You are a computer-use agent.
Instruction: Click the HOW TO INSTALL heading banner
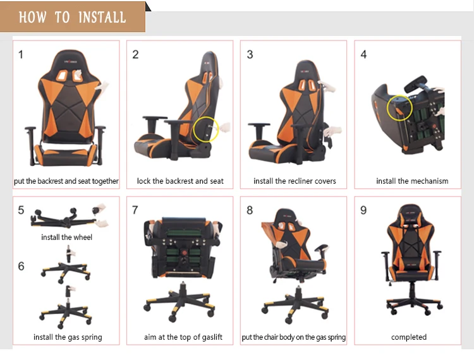click(x=73, y=16)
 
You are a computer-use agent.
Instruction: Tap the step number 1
click(x=21, y=55)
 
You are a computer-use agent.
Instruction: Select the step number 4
click(x=363, y=54)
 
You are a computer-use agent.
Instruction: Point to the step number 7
click(x=135, y=210)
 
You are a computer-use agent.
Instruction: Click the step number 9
click(x=363, y=210)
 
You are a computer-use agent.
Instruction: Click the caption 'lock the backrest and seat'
click(x=180, y=181)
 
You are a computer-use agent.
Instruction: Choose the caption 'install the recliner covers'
click(x=295, y=181)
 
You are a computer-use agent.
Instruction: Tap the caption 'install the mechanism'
click(x=412, y=181)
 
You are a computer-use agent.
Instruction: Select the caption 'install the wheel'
click(x=66, y=237)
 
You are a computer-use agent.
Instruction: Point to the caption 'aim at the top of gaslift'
click(x=183, y=337)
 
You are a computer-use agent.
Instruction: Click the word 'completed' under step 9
click(x=409, y=337)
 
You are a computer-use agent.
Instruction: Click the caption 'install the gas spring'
click(x=68, y=337)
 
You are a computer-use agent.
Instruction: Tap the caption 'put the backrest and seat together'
click(x=66, y=181)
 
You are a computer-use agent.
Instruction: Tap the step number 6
click(x=21, y=266)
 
